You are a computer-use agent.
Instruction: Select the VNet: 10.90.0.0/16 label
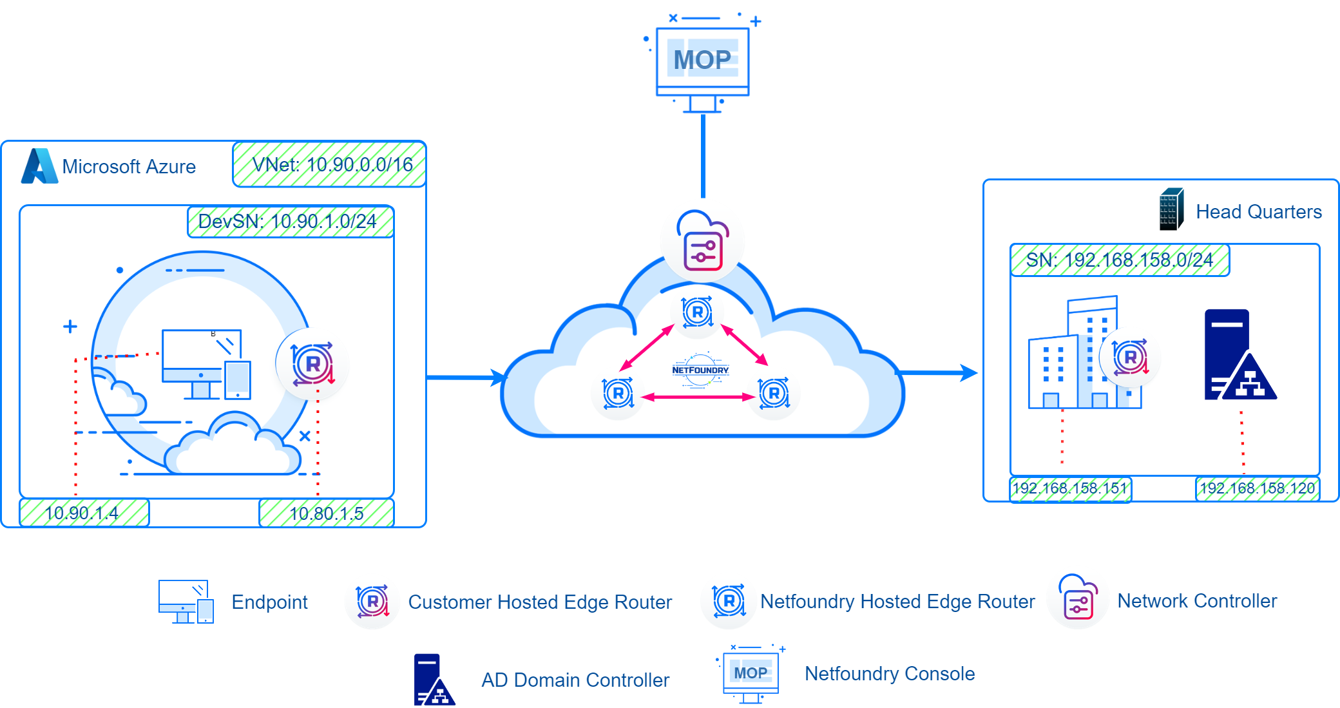[330, 165]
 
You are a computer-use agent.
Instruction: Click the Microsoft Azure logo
[39, 166]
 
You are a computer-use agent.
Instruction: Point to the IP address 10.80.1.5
[326, 513]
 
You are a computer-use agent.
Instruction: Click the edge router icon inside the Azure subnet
[312, 364]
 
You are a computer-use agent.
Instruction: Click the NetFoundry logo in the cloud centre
[700, 370]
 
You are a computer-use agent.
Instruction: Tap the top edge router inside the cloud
[697, 312]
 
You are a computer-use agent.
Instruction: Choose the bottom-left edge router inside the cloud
[618, 393]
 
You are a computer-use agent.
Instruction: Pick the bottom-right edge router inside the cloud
[774, 393]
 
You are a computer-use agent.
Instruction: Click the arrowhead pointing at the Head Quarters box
[968, 372]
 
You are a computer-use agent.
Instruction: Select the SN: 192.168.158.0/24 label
[1120, 260]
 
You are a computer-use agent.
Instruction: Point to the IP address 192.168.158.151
[1070, 488]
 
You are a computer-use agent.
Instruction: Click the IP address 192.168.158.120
[1257, 488]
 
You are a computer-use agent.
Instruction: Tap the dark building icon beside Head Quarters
[1171, 209]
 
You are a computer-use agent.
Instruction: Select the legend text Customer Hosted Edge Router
[540, 602]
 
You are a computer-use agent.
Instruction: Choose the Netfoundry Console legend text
[890, 674]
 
